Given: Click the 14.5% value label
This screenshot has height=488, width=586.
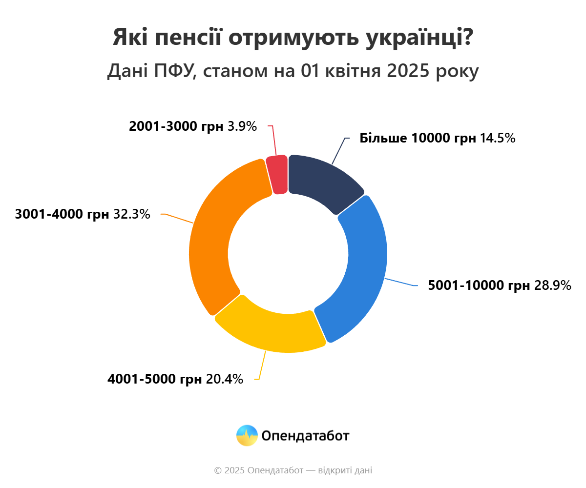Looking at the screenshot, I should tap(498, 138).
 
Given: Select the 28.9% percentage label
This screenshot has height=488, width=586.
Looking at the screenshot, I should tap(553, 285).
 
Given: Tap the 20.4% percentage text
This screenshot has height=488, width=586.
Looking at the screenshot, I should tap(225, 379).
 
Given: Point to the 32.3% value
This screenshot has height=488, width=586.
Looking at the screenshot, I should tap(132, 214).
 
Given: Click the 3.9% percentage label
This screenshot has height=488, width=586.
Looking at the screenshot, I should tap(242, 126).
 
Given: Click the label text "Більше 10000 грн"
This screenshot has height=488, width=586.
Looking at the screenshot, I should tap(418, 138).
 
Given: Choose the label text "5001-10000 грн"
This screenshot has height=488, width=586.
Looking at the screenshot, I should tap(479, 285).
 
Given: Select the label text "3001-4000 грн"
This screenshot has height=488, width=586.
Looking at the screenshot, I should tap(62, 214).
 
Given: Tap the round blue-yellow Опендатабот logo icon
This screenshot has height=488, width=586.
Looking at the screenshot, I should tap(247, 435).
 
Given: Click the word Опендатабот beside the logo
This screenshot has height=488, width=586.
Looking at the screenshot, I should tap(305, 436).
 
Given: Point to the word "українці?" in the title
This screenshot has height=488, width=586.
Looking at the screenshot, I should tap(419, 38).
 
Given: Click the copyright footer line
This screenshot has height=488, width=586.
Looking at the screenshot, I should tap(293, 470).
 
